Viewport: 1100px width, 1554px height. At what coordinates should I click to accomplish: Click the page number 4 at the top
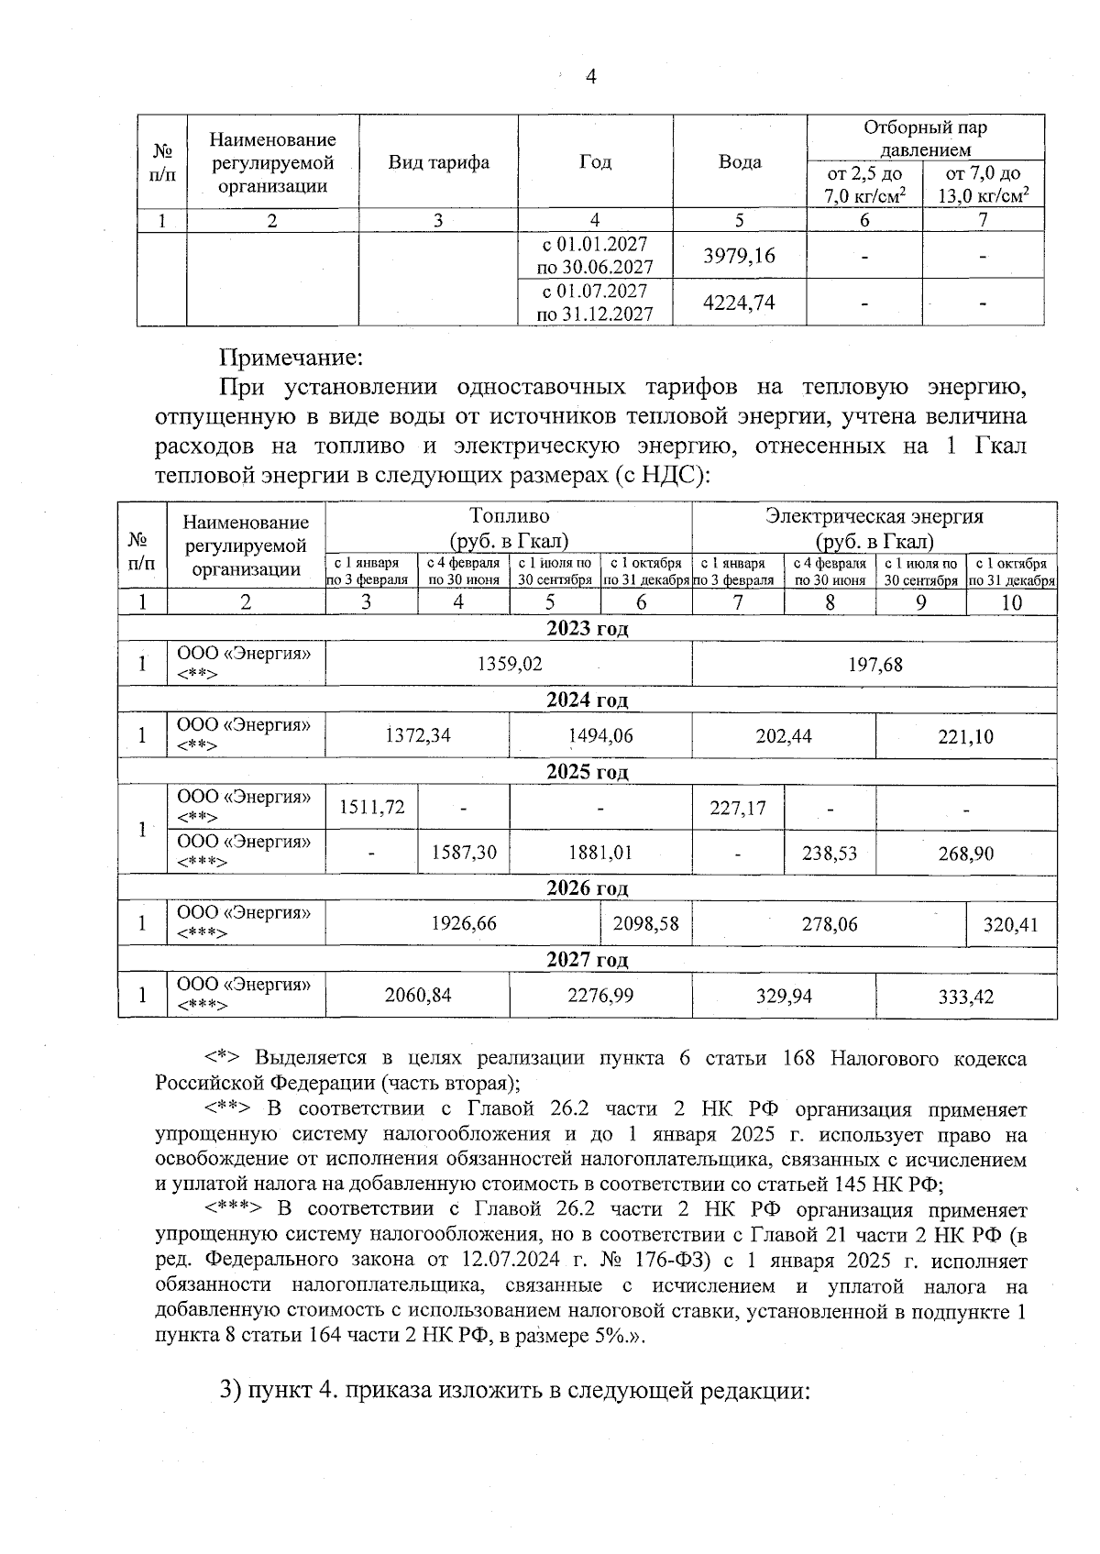590,77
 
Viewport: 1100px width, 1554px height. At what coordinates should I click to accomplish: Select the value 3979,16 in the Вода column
739,255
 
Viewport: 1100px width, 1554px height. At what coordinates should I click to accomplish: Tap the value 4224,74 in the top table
739,303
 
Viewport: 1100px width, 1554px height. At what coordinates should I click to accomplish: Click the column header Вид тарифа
438,162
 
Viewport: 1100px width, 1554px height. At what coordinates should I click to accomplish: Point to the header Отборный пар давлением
925,138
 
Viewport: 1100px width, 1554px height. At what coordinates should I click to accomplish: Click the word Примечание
291,356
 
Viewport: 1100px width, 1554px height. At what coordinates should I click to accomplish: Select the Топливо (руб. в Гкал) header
509,527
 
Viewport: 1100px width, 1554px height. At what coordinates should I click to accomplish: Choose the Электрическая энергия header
874,527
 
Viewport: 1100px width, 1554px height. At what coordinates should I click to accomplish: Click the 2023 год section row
587,629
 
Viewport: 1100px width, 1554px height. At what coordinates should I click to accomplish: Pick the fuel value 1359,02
509,664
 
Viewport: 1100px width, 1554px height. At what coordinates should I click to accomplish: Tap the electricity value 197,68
874,664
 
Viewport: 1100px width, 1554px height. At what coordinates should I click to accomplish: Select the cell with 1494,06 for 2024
600,735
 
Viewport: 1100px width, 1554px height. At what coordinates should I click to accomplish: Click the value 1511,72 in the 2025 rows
371,808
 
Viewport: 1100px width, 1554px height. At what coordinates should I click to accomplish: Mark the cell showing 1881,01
600,853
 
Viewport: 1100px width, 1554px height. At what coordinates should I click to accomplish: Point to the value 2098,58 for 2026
646,924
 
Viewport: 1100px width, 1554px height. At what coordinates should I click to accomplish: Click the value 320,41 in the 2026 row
1011,924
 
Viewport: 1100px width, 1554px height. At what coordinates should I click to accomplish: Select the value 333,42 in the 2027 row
965,996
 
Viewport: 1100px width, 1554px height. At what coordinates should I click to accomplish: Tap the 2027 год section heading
587,960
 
